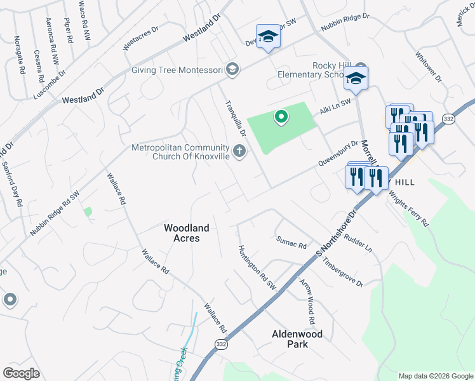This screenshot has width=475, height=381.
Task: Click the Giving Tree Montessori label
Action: (177, 70)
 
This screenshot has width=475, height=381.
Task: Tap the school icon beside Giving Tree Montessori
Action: (232, 69)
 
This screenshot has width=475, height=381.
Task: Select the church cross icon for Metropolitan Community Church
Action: (239, 151)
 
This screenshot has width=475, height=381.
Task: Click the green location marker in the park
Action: (280, 117)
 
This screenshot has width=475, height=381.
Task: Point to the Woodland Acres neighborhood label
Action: (182, 232)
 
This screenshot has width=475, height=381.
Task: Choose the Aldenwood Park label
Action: (297, 338)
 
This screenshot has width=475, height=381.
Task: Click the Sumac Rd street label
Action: (291, 242)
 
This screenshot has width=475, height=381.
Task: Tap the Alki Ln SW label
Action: (335, 106)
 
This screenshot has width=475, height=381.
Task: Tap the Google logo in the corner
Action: (21, 373)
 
